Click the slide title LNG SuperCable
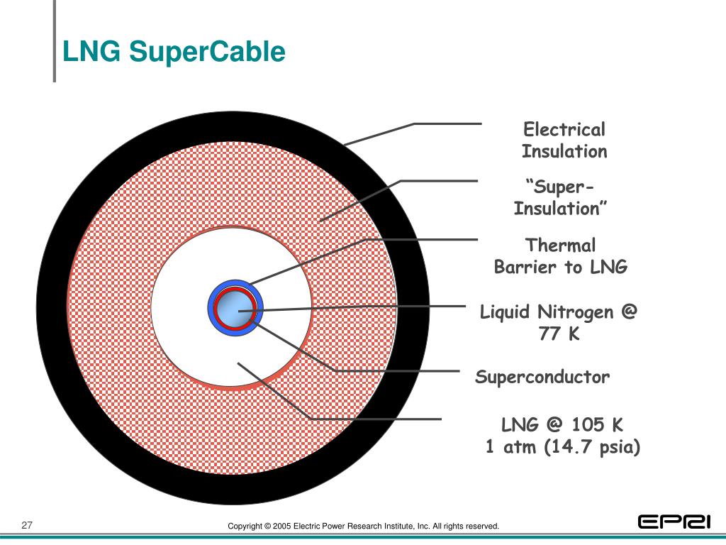174,52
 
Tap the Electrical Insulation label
564,141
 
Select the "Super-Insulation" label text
561,198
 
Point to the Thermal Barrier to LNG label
561,256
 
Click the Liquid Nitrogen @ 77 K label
559,322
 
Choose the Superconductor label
542,377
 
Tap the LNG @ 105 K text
562,425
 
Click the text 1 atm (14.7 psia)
562,447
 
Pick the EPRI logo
674,522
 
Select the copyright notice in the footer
363,526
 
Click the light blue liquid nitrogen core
233,310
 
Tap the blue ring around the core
213,310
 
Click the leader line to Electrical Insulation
447,124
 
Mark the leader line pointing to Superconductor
397,371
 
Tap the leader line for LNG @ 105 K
376,419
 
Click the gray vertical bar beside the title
54,41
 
